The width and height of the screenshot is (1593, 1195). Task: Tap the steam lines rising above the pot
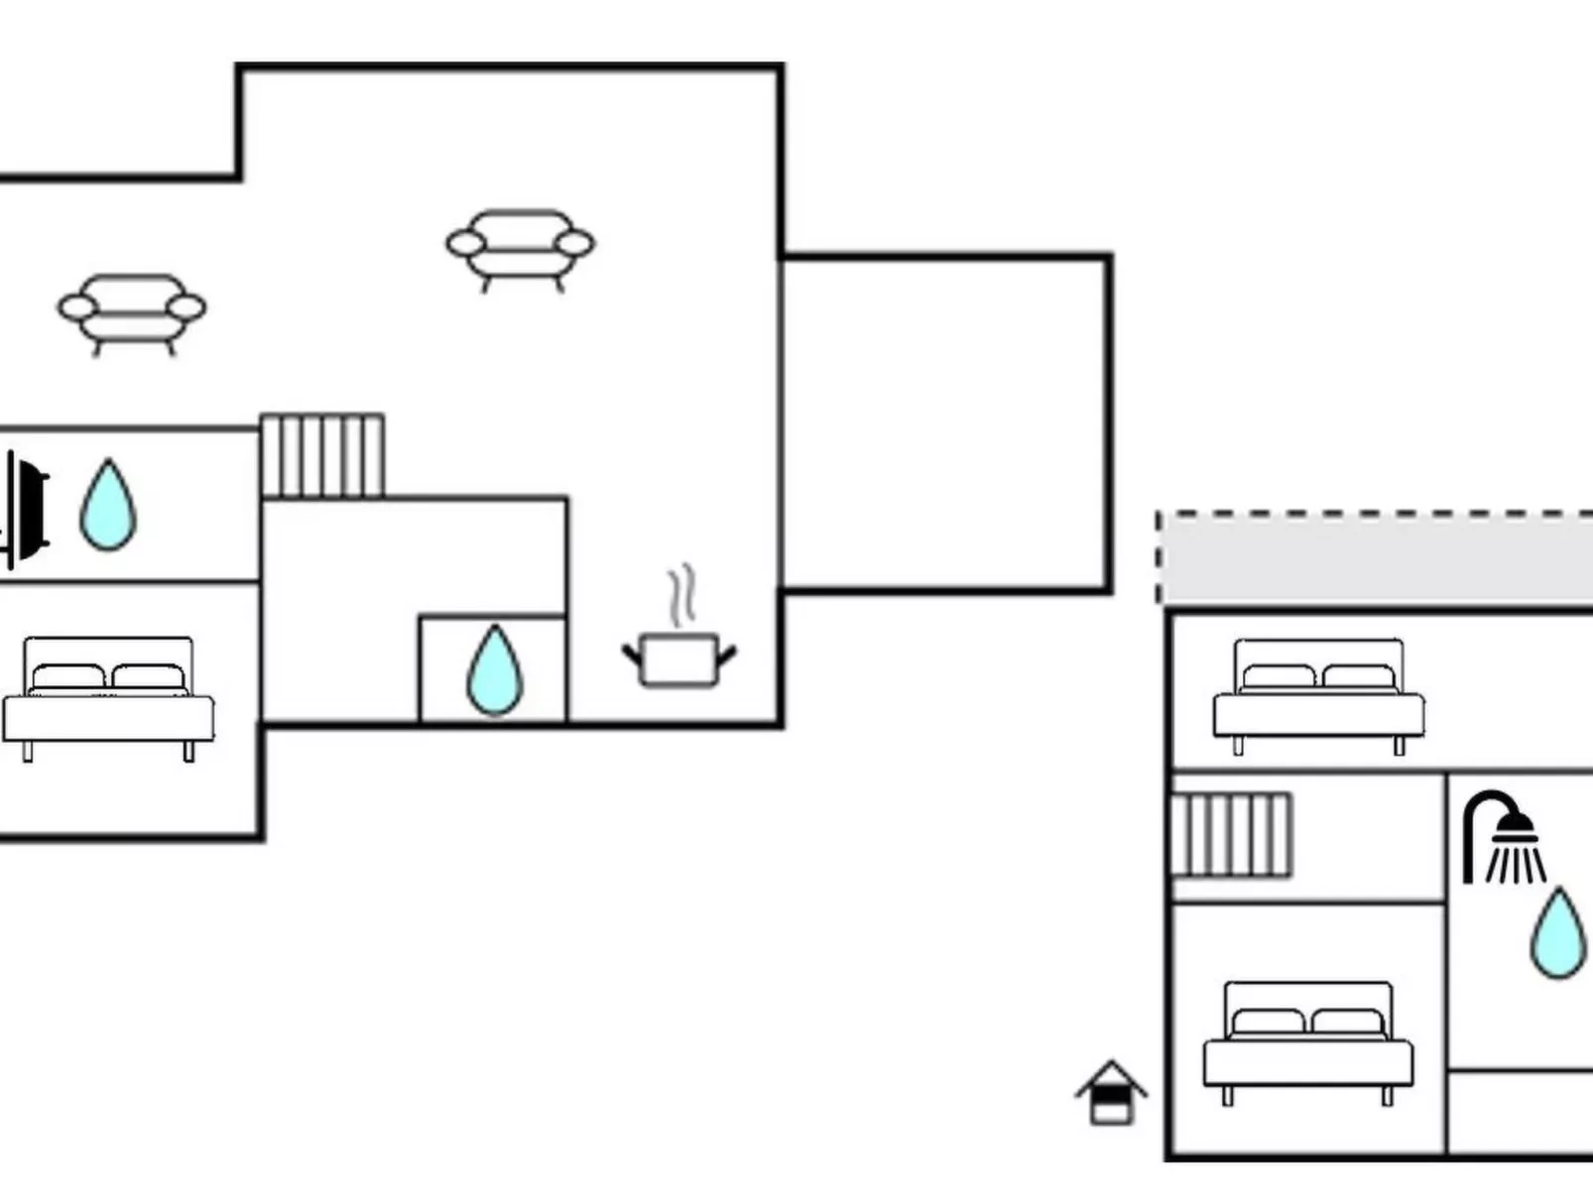[x=680, y=594]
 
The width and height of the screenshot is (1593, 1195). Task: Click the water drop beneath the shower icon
[x=1557, y=933]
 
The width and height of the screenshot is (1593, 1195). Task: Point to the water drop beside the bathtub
[x=107, y=505]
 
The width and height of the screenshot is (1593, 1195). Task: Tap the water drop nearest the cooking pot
[x=494, y=670]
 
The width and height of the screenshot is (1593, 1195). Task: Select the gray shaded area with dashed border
[x=1375, y=558]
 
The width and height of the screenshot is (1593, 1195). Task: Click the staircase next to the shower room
[x=1232, y=835]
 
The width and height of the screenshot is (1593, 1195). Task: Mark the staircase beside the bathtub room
[x=322, y=456]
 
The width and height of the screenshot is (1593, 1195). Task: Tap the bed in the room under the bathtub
[x=108, y=698]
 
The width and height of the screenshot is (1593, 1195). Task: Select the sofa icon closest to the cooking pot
[x=520, y=248]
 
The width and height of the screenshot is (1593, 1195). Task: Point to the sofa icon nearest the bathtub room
[x=131, y=312]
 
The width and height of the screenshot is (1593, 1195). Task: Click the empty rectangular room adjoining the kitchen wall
[x=944, y=423]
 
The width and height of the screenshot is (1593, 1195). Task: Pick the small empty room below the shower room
[x=1519, y=1112]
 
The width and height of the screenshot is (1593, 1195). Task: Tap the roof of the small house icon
[x=1111, y=1074]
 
